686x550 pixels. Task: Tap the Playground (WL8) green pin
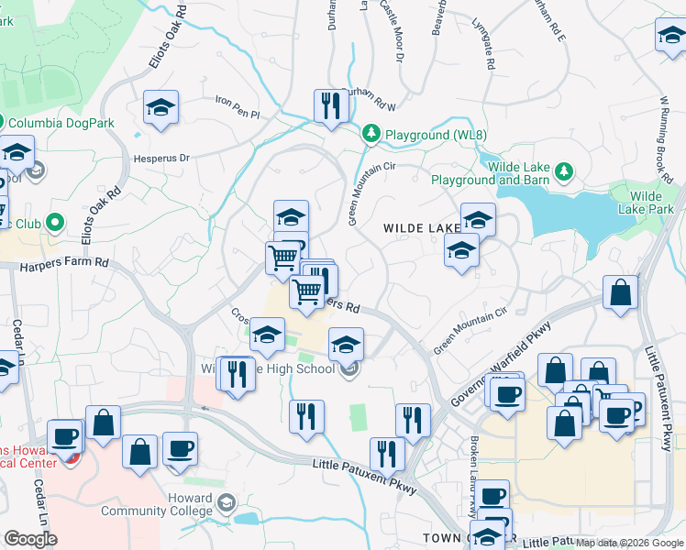point(371,134)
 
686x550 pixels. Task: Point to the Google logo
point(30,539)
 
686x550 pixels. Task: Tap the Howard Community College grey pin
point(227,502)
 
